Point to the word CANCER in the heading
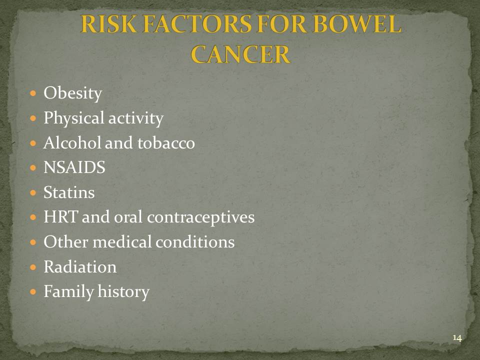point(240,54)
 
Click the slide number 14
point(457,338)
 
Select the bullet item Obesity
point(73,93)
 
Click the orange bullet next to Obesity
point(33,93)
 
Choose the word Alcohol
point(72,142)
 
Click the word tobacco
point(166,142)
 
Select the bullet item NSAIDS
point(74,167)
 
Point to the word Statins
point(69,192)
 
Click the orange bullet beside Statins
point(33,192)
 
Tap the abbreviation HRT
point(60,216)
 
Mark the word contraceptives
point(201,217)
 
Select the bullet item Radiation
point(80,266)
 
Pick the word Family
point(68,291)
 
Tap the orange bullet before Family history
point(33,291)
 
